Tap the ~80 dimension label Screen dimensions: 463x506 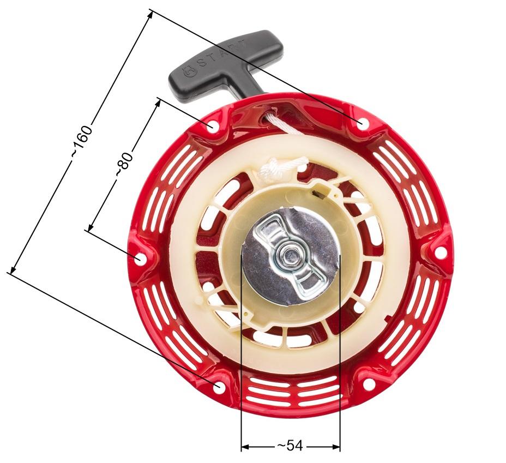coord(124,164)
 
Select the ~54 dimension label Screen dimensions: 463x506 coord(290,446)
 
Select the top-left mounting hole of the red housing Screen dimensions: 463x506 coord(212,126)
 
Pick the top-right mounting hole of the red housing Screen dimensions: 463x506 coord(361,124)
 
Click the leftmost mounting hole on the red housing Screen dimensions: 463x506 coord(140,257)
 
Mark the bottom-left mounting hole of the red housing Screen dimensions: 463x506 coord(218,387)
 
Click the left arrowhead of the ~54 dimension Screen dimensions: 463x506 coord(244,446)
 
